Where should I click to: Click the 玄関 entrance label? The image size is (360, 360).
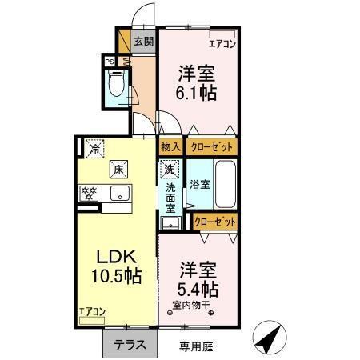[143, 42]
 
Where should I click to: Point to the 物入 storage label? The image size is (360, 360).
[170, 147]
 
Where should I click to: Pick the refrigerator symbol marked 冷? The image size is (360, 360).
[95, 148]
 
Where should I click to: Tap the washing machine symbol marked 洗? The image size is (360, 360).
[170, 170]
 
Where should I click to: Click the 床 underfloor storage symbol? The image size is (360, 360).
[117, 170]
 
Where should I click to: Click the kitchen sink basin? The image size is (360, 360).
[122, 193]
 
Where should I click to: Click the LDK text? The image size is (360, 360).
[119, 258]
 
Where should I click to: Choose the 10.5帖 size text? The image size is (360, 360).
[119, 277]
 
